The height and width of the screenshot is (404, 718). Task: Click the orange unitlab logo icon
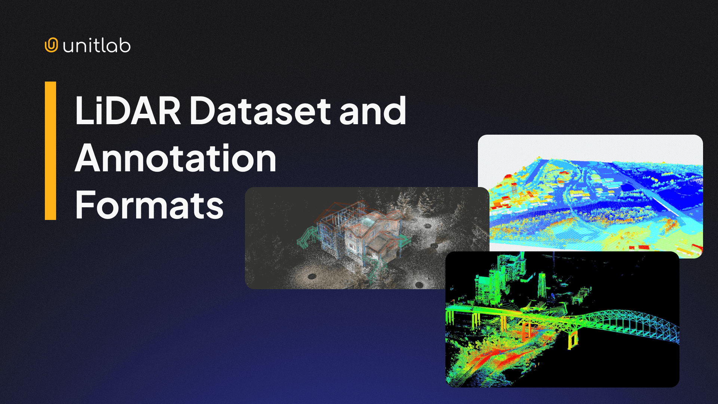[51, 45]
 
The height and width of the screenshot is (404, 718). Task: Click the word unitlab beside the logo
[97, 46]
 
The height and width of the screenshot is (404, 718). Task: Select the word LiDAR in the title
[128, 111]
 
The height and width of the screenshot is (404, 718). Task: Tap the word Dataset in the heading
[260, 111]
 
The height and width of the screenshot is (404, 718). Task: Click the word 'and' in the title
[372, 111]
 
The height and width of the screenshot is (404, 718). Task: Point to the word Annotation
[175, 158]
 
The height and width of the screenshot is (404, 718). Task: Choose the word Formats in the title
[149, 205]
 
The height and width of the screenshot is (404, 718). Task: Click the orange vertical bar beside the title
[50, 150]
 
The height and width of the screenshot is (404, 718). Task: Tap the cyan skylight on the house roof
[368, 222]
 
